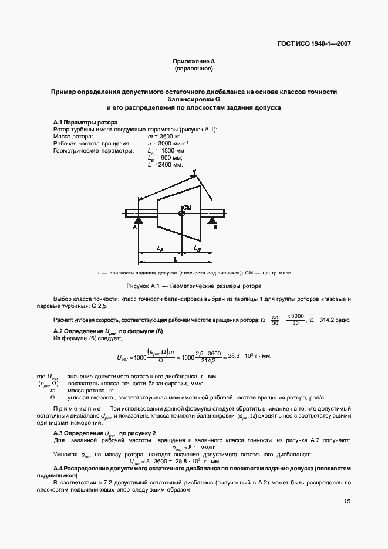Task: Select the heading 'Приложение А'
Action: tap(194, 62)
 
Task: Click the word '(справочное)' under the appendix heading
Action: tap(194, 69)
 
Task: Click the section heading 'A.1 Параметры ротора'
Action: tap(82, 121)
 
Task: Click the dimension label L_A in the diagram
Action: tap(160, 249)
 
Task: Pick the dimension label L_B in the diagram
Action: tap(197, 249)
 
